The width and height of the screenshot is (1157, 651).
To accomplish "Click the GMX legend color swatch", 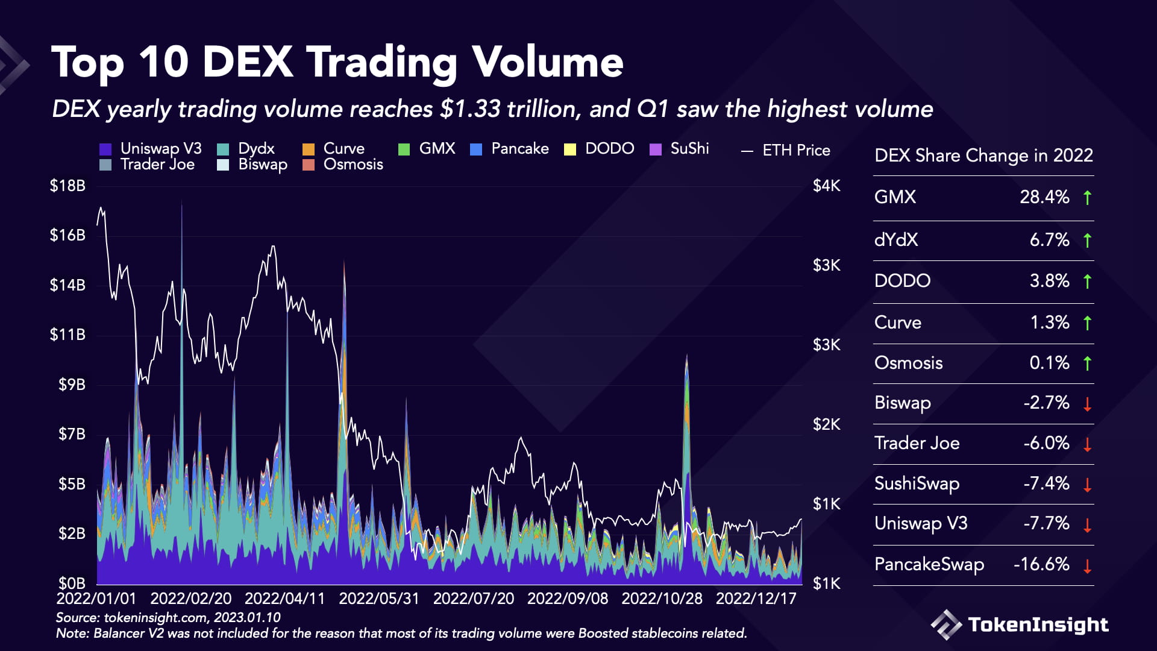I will (404, 149).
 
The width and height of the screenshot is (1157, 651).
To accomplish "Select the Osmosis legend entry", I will (353, 165).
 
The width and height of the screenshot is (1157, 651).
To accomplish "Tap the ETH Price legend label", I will (796, 150).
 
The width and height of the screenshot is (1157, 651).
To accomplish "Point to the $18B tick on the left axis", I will (67, 186).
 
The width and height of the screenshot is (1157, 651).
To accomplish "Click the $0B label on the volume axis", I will (72, 583).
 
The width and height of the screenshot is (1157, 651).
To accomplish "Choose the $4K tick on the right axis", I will (826, 186).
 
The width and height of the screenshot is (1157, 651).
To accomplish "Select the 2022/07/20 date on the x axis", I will (474, 599).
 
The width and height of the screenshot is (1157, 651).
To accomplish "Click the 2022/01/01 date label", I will (96, 599).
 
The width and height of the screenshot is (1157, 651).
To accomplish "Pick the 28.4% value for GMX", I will (1044, 197).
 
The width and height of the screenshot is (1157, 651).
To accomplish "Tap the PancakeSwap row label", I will (929, 564).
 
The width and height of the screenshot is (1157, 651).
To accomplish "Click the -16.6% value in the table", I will (1041, 564).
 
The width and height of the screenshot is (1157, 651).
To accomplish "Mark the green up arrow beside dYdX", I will (1087, 241).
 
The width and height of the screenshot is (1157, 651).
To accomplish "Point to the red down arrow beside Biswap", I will (1087, 404).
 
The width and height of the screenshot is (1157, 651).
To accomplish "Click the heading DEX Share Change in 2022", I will (983, 156).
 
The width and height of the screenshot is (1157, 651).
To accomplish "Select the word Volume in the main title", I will (547, 63).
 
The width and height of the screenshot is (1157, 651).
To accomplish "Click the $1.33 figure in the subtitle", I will (470, 109).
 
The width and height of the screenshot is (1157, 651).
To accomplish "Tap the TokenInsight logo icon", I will (946, 624).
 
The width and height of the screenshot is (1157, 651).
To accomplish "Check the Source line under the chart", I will (168, 617).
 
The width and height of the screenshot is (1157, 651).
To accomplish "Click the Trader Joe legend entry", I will (157, 165).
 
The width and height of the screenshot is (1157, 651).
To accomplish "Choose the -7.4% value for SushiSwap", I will (1046, 483).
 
